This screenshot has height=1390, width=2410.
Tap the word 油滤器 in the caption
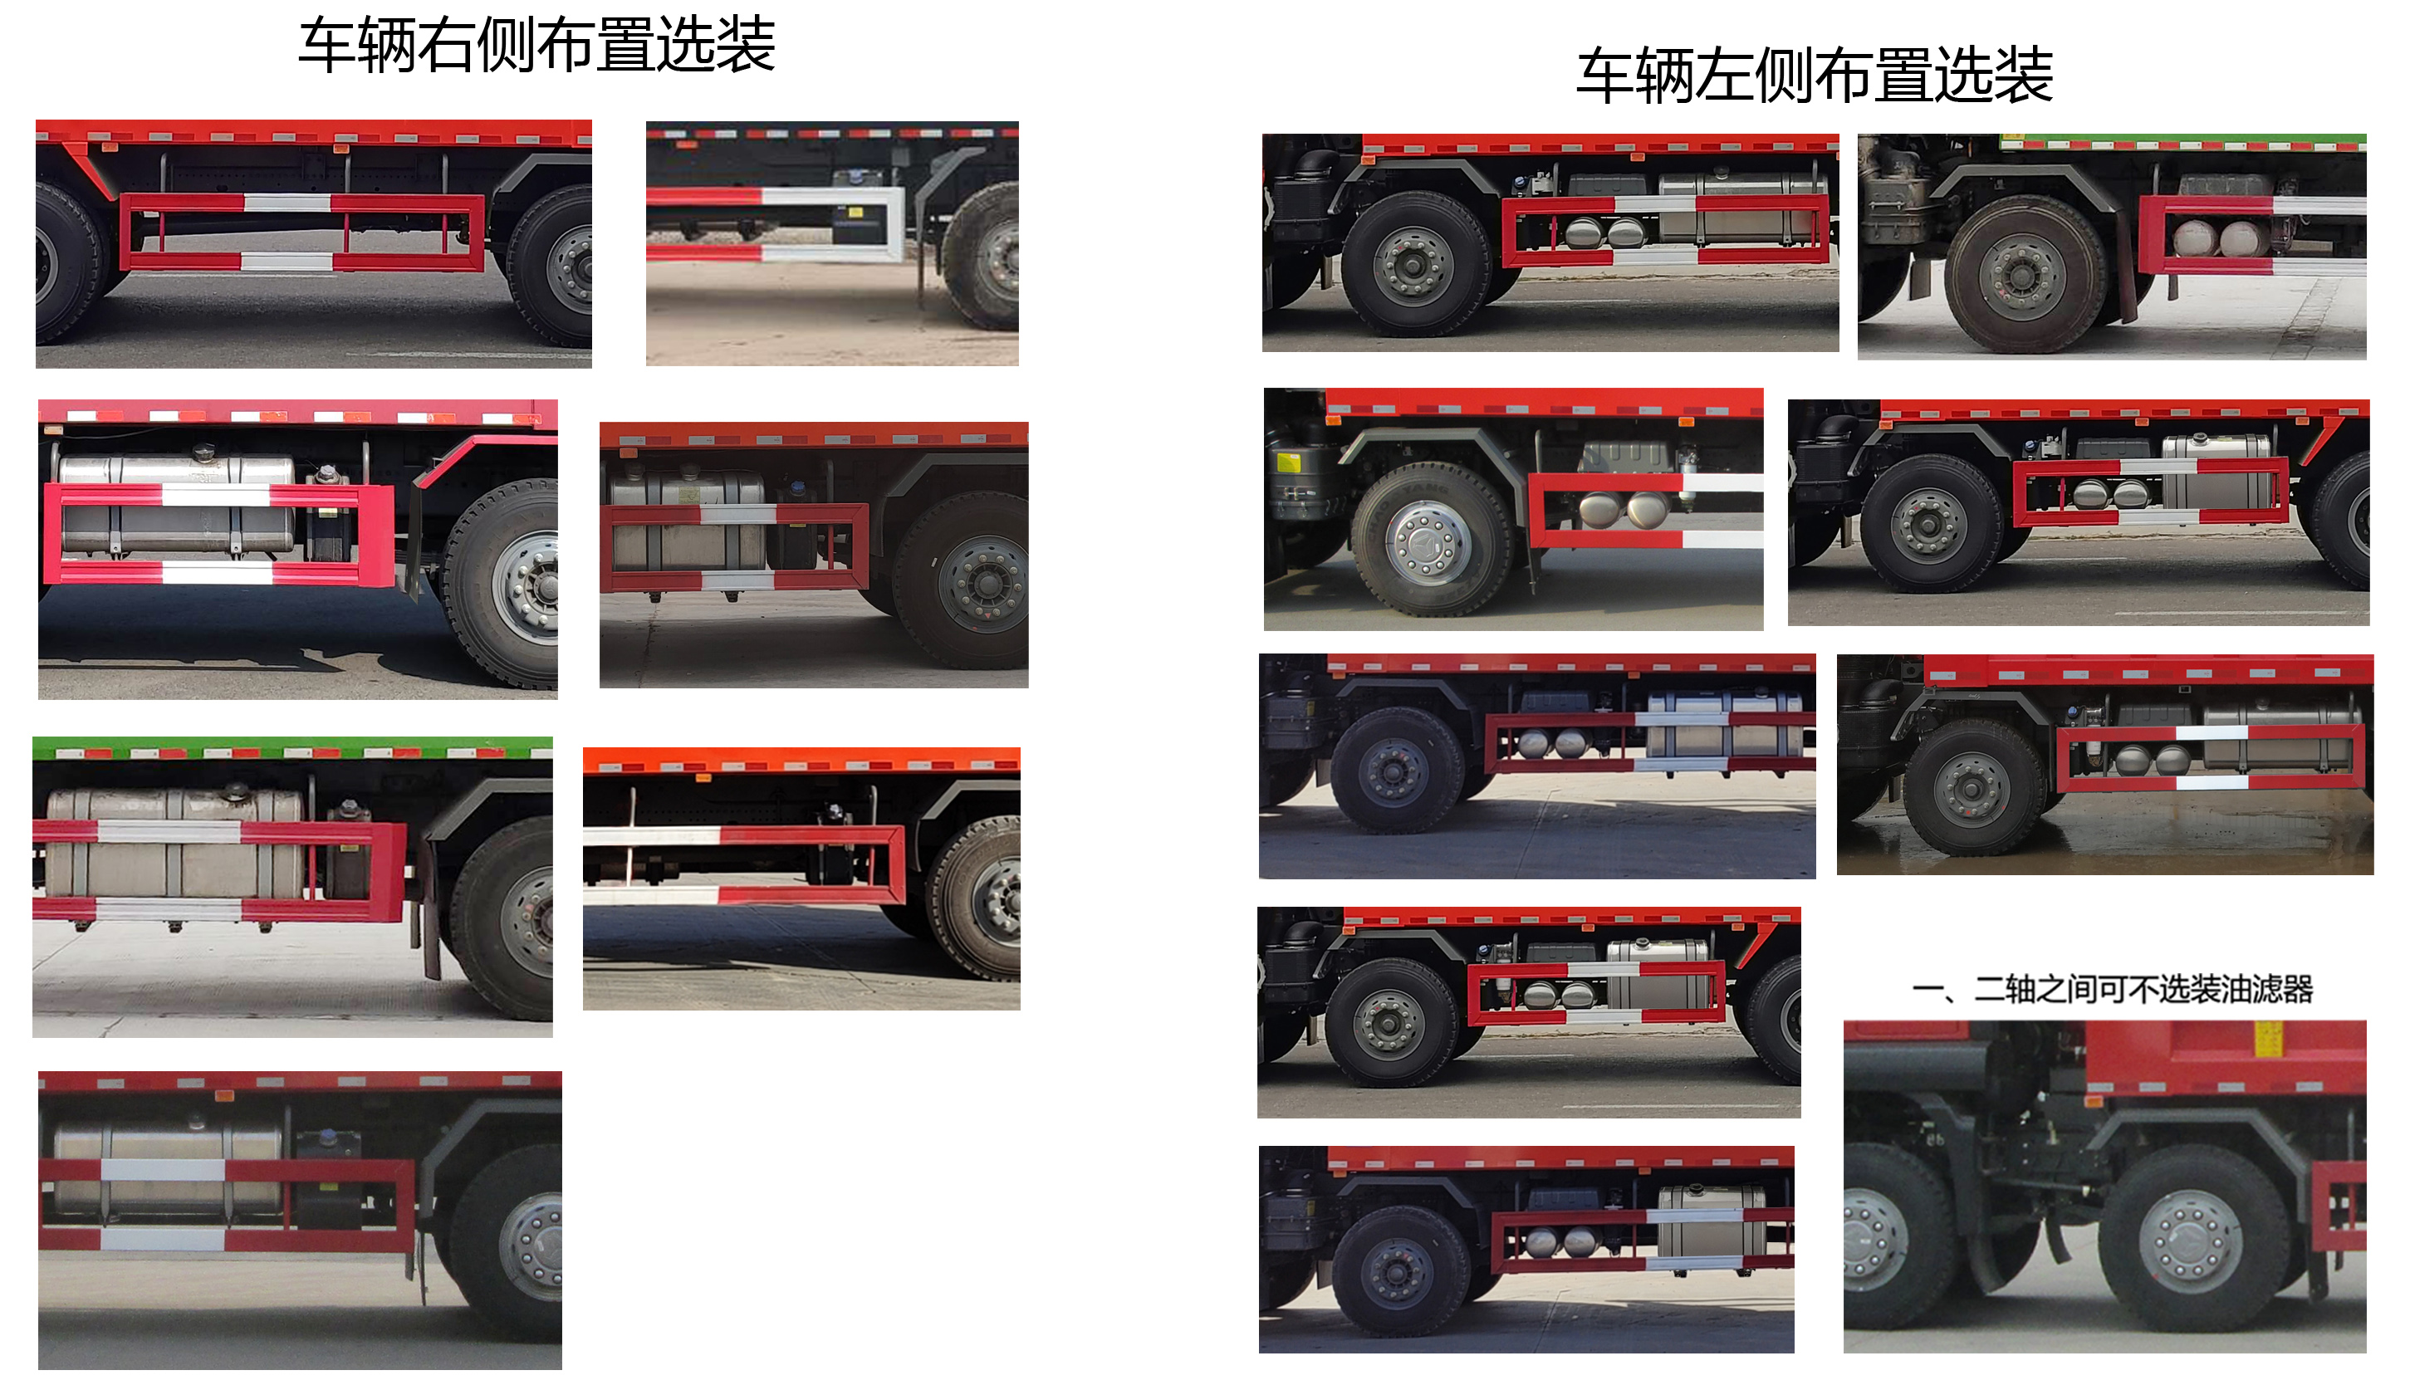tap(2268, 989)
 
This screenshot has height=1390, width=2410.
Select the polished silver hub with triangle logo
tap(1428, 541)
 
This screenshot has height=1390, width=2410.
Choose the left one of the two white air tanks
tap(2192, 238)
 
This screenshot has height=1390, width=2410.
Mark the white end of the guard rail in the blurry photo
tap(860, 225)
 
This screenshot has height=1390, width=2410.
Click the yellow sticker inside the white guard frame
tap(855, 212)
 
